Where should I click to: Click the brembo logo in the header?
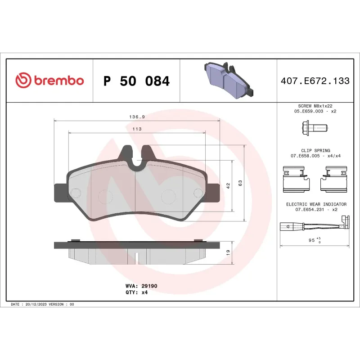click(x=49, y=81)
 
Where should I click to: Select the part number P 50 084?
click(x=136, y=81)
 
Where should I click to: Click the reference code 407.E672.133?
click(x=315, y=81)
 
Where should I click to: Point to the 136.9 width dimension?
click(x=137, y=117)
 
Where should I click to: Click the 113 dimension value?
click(x=137, y=129)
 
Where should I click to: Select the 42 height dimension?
click(x=228, y=185)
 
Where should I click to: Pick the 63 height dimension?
click(x=240, y=183)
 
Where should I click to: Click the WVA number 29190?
click(x=149, y=286)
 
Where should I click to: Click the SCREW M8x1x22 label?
click(x=315, y=106)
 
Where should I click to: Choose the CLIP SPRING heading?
click(x=315, y=151)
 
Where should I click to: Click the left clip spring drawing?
click(x=297, y=178)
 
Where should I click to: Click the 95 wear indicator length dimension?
click(x=312, y=240)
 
